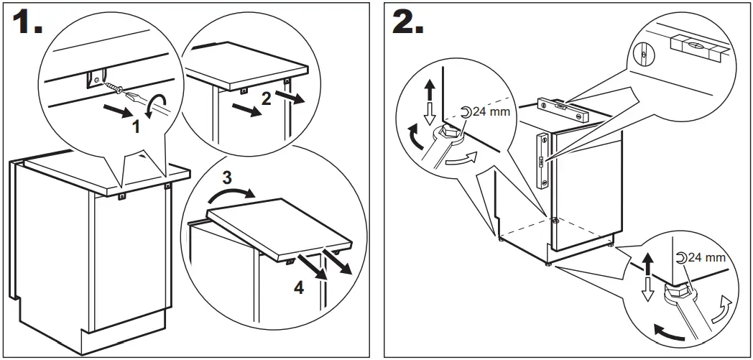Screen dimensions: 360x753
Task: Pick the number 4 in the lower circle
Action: (299, 289)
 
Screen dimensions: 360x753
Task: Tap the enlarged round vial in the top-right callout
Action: (643, 52)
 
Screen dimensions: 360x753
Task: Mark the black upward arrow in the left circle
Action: (430, 89)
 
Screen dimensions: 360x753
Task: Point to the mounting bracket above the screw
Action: (95, 78)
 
